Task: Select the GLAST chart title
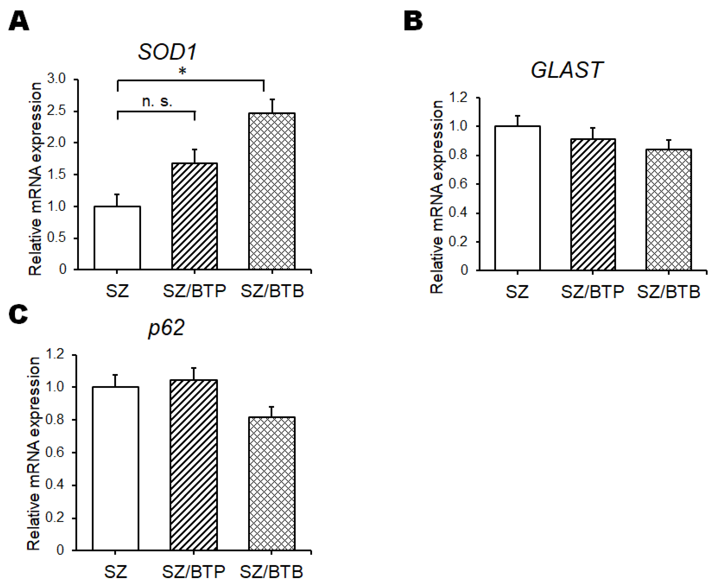pos(567,70)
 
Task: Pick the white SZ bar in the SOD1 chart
pos(117,238)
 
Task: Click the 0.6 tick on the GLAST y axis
pos(458,184)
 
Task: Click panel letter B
pos(413,21)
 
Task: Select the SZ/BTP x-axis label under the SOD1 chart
pos(194,291)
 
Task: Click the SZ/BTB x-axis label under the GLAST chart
pos(668,292)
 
